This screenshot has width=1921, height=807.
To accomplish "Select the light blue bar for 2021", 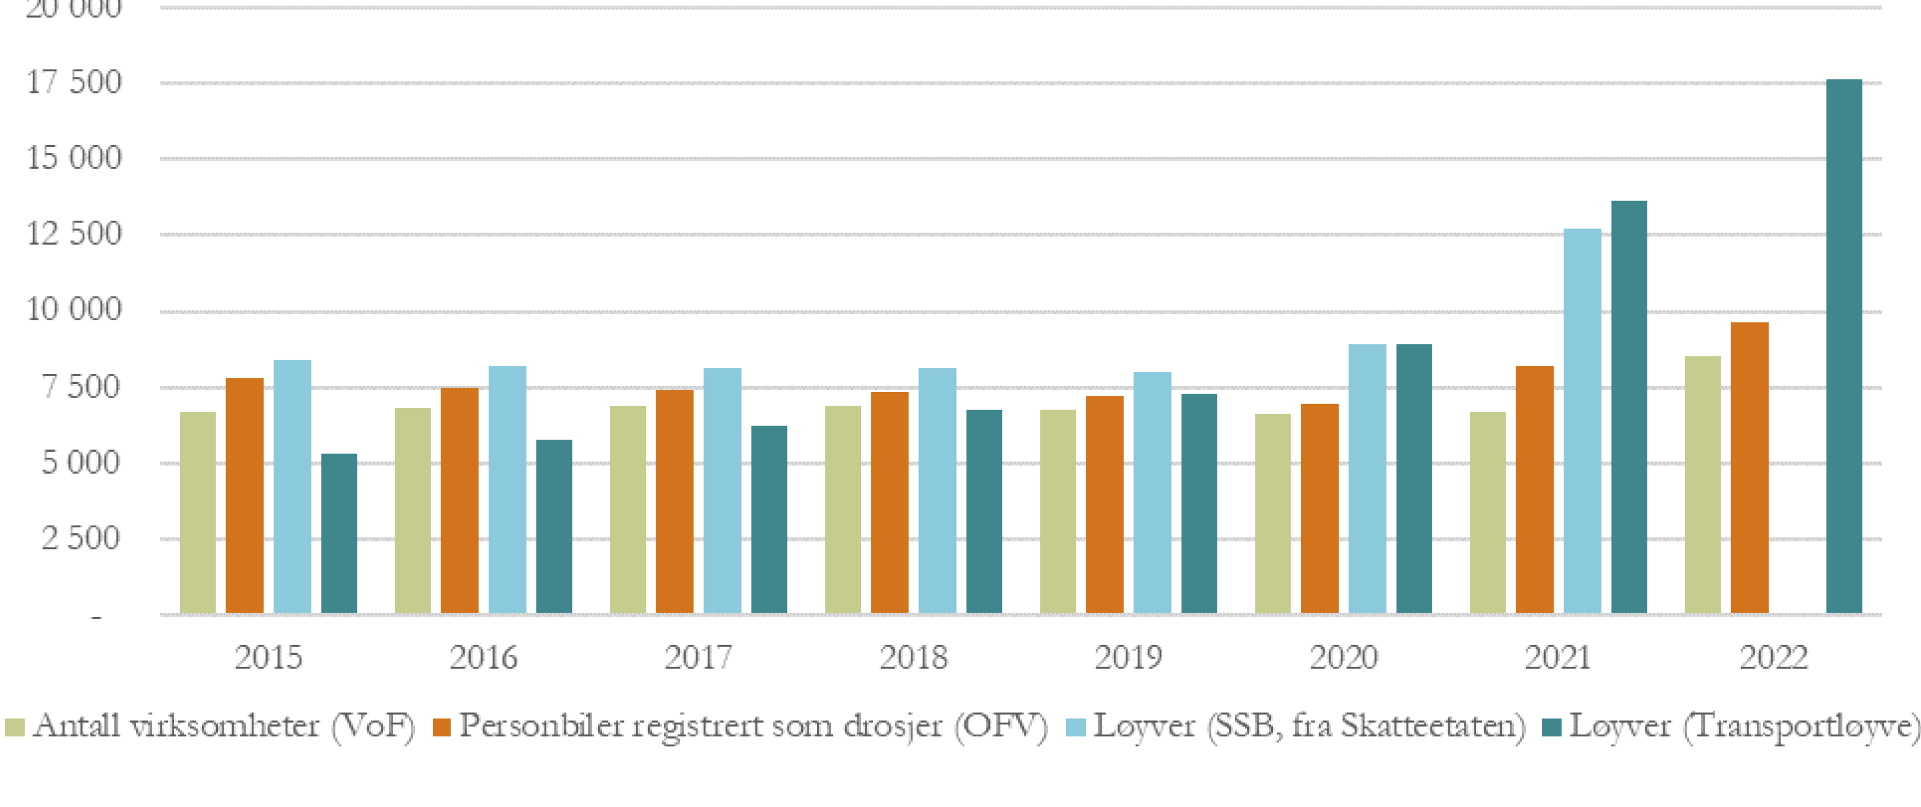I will click(x=1582, y=422).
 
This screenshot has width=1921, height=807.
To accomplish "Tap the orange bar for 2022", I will click(x=1750, y=469).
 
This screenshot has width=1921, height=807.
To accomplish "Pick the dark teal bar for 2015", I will click(x=339, y=534).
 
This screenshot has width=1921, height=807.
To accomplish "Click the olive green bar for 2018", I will click(x=843, y=510).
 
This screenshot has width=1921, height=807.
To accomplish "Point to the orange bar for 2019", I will click(x=1104, y=505).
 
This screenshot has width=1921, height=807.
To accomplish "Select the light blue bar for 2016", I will click(x=507, y=490).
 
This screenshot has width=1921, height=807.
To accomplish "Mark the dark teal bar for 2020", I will click(x=1414, y=479).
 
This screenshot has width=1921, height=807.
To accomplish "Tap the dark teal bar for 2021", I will click(x=1629, y=407).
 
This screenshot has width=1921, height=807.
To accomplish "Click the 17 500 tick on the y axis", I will click(x=74, y=83).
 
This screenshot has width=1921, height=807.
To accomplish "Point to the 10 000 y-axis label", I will click(x=74, y=309).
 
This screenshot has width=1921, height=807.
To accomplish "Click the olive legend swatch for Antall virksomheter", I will click(x=15, y=727).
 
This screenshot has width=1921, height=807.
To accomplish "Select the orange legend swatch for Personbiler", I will click(x=442, y=727).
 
